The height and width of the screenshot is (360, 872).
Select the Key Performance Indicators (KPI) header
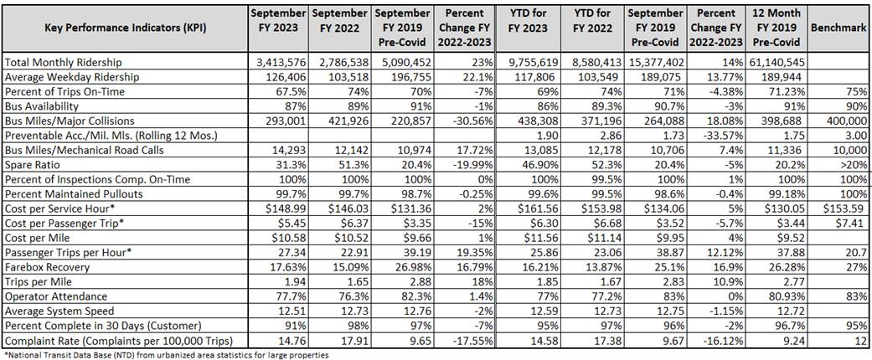pyautogui.click(x=124, y=28)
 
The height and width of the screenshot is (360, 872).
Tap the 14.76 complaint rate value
pyautogui.click(x=294, y=342)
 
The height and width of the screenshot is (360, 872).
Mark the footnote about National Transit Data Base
pyautogui.click(x=168, y=354)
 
